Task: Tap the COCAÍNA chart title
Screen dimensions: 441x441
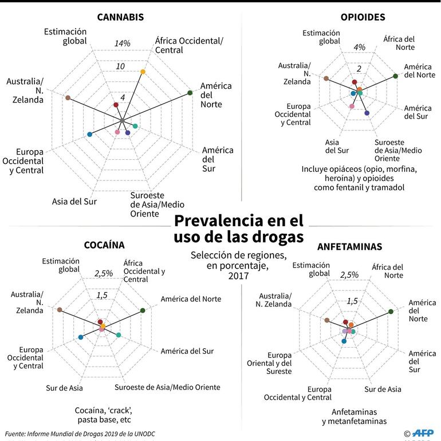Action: (104, 245)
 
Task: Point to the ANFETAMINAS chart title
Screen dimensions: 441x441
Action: (350, 247)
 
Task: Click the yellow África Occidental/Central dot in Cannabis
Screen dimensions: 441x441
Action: (143, 72)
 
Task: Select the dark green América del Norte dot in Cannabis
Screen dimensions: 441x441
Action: (190, 93)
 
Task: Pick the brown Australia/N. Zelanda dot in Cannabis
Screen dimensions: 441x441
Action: (68, 98)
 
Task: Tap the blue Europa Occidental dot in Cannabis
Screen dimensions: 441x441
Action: (89, 134)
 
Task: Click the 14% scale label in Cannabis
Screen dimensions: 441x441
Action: (122, 44)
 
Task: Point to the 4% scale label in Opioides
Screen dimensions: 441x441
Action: (360, 47)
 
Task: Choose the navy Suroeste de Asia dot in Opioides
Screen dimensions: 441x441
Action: (367, 113)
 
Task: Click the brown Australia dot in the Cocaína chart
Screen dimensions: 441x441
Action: (60, 309)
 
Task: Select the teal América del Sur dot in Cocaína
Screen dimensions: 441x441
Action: (119, 335)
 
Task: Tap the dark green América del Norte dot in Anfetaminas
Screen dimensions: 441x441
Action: (391, 312)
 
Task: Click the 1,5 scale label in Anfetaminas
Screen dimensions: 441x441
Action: (352, 301)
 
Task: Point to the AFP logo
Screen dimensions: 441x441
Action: (425, 434)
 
